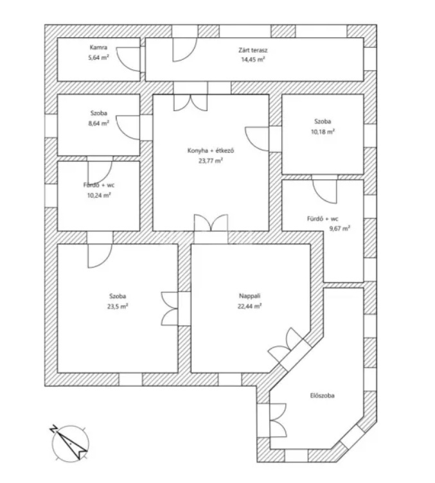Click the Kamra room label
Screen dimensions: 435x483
point(98,48)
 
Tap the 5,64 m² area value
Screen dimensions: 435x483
point(98,57)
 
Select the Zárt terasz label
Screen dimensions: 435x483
point(253,50)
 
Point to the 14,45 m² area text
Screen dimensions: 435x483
point(253,60)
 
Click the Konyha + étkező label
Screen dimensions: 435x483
point(211,151)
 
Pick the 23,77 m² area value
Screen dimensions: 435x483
point(211,161)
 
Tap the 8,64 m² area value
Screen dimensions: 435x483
point(98,123)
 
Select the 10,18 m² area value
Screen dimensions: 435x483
point(323,132)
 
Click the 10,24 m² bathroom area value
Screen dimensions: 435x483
point(98,195)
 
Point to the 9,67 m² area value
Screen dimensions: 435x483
point(340,229)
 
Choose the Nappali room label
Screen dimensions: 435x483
point(249,296)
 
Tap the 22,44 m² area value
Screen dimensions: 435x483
point(249,306)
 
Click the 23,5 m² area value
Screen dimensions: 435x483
point(118,306)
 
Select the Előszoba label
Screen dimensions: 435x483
point(323,396)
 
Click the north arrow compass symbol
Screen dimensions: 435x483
point(69,443)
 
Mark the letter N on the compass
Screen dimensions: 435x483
point(53,429)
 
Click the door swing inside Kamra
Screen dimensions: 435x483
point(129,60)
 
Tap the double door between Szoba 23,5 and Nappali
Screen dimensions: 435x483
point(170,309)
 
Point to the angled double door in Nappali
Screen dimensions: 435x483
point(285,345)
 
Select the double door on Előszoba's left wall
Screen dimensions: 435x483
point(278,420)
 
